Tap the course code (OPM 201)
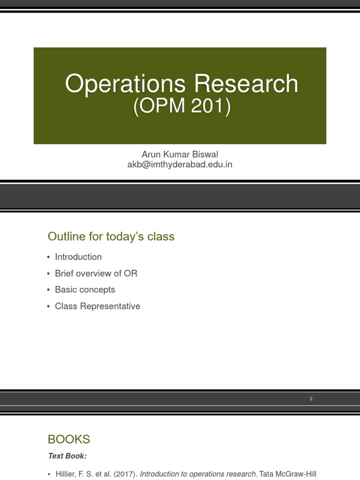click(182, 107)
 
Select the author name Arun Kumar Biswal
click(180, 154)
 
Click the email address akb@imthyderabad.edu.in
click(180, 165)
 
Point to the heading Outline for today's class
click(111, 237)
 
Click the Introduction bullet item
click(78, 257)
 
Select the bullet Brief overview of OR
click(96, 273)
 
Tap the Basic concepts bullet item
click(85, 290)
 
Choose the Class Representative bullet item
click(97, 306)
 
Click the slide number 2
click(311, 399)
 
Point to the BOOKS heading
click(69, 439)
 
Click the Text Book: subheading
click(67, 456)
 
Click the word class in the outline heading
click(161, 237)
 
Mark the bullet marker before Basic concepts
click(48, 290)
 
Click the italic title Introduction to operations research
click(198, 474)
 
